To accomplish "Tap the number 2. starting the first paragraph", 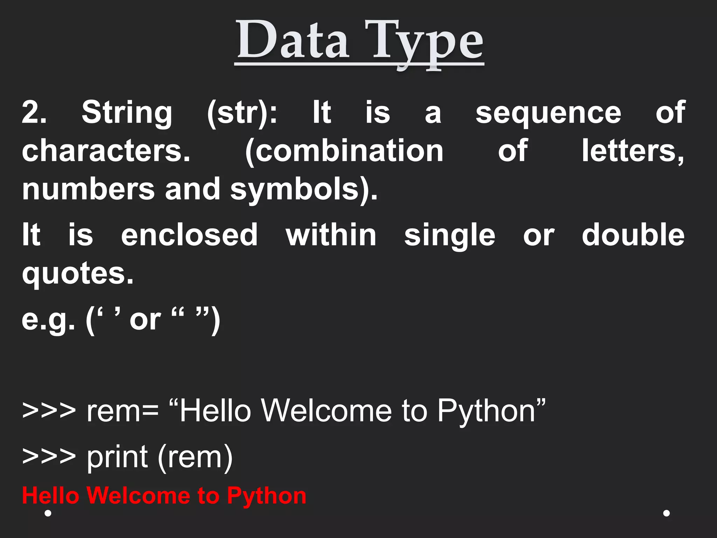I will (x=34, y=112).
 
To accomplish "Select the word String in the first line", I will (x=127, y=113).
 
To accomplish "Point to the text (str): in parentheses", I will (x=242, y=113).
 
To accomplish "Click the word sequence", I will (x=548, y=113).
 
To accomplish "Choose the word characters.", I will (x=106, y=151).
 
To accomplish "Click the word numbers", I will (x=88, y=189).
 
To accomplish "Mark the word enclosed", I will (x=189, y=235).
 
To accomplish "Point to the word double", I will (x=633, y=235).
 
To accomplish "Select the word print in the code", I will (x=117, y=457).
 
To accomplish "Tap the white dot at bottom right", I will (x=667, y=513).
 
